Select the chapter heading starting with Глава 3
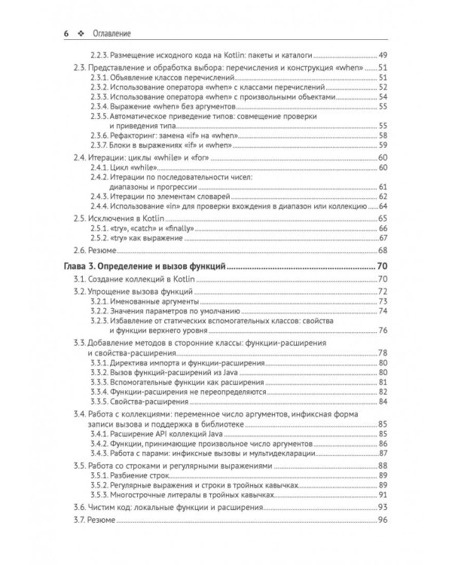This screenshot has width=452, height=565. point(143,266)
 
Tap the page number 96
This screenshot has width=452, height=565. point(382,521)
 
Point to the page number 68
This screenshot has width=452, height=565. point(382,249)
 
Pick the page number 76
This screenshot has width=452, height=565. point(382,330)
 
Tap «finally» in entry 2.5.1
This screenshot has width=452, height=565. point(178,227)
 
